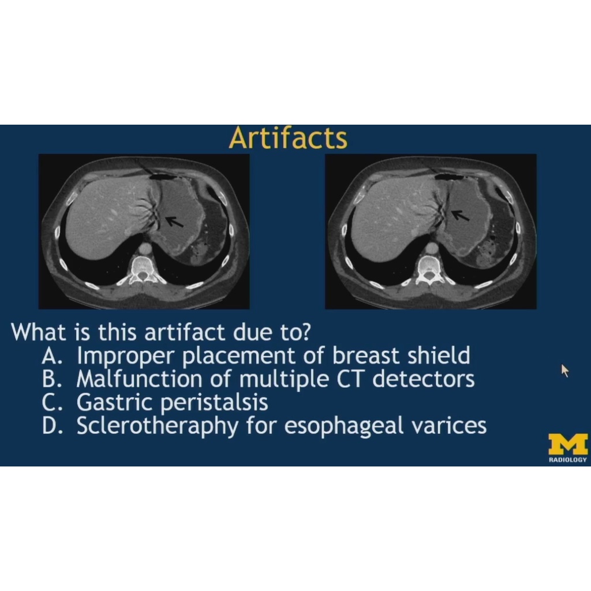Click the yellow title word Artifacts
(x=288, y=138)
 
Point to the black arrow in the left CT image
(x=174, y=222)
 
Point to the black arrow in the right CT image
(x=460, y=215)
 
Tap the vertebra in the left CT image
(x=142, y=270)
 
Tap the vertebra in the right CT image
(x=428, y=270)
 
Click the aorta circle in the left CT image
(x=145, y=249)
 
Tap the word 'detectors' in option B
(x=423, y=379)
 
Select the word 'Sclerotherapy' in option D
(x=157, y=427)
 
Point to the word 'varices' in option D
(x=448, y=427)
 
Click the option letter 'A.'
(x=51, y=356)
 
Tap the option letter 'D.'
(x=51, y=427)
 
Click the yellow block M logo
(x=568, y=444)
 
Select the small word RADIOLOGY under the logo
(x=568, y=459)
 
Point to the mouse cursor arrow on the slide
(x=564, y=370)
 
